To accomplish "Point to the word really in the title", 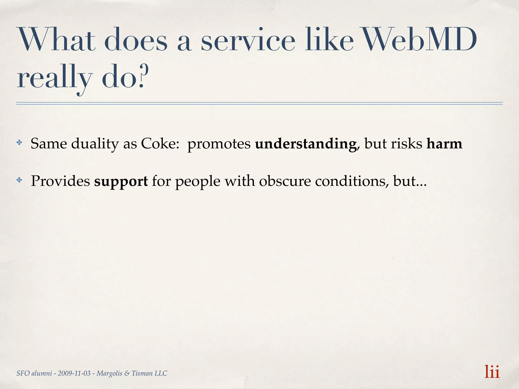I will tap(53, 79).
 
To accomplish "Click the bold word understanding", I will tap(306, 144).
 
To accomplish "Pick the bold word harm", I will tap(444, 144).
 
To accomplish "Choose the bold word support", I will tap(121, 181).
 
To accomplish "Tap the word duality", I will tap(95, 144).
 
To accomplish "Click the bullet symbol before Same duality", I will tap(19, 143).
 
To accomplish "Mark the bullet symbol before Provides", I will tap(19, 180).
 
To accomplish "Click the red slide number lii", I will tap(492, 372).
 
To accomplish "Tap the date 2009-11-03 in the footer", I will tap(74, 373).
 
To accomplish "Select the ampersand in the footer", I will tap(127, 373).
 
